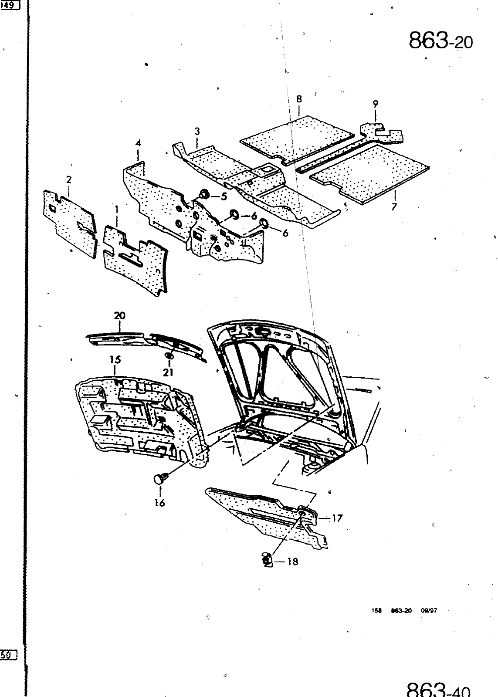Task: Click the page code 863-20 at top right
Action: coord(440,41)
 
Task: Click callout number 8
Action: coord(299,99)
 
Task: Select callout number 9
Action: coord(375,104)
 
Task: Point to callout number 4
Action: coord(138,143)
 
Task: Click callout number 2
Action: coord(69,179)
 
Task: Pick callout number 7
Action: coord(394,206)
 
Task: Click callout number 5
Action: coord(224,196)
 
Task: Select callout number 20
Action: coord(119,316)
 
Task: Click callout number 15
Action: coord(115,360)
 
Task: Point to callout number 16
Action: coord(159,503)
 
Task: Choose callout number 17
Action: coord(337,518)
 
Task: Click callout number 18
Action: coord(293,562)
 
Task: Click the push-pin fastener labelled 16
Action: coord(159,479)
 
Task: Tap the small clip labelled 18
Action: coord(268,560)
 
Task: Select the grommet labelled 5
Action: coord(204,194)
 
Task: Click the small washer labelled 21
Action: coord(169,356)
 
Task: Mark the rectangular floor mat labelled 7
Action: coord(370,174)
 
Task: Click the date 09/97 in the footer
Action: coord(429,611)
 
